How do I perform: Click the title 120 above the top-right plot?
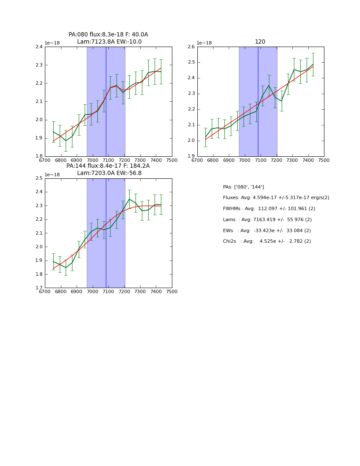(260, 42)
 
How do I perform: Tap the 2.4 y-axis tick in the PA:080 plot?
(39, 47)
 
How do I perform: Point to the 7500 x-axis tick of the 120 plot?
(324, 160)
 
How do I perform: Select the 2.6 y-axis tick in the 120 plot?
(191, 47)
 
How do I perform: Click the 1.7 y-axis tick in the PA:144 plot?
(39, 288)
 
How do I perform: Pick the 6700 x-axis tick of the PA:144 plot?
(45, 292)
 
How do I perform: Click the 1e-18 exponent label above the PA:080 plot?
(52, 43)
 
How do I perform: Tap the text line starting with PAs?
(243, 187)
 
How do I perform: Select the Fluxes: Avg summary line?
(276, 198)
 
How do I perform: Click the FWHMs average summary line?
(269, 209)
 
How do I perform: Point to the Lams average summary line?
(267, 220)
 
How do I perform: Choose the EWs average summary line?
(267, 230)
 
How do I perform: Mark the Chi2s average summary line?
(267, 241)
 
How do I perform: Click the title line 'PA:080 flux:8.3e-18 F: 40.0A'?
(108, 35)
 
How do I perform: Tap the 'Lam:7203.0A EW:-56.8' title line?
(109, 173)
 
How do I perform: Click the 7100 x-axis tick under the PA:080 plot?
(108, 160)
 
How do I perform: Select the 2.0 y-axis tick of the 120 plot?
(191, 141)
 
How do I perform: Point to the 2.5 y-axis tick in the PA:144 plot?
(39, 178)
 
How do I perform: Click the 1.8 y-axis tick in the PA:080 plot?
(39, 156)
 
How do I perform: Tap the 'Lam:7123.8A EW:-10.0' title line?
(109, 42)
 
